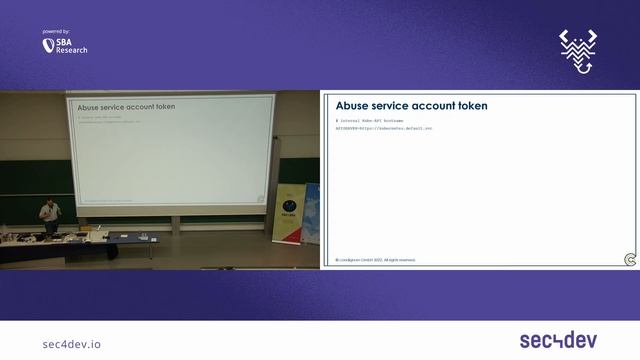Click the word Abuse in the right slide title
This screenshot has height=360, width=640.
coord(352,105)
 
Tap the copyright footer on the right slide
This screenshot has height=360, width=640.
coord(375,259)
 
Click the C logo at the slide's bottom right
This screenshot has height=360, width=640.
coord(629,259)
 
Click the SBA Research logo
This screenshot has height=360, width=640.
coord(65,47)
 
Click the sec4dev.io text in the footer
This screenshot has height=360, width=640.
coord(72,344)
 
